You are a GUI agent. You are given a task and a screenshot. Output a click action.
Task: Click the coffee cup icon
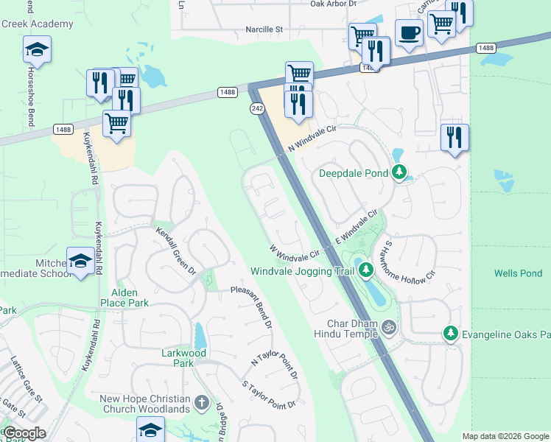pyautogui.click(x=409, y=33)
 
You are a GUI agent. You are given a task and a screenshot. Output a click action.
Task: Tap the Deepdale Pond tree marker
pyautogui.click(x=399, y=173)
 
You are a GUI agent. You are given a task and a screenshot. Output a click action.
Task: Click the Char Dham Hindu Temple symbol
pyautogui.click(x=389, y=325)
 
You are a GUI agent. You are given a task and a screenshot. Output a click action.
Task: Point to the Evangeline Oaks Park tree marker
pyautogui.click(x=450, y=334)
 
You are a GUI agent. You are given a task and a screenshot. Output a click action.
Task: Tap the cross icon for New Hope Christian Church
pyautogui.click(x=203, y=403)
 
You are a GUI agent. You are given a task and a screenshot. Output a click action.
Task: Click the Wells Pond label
pyautogui.click(x=518, y=273)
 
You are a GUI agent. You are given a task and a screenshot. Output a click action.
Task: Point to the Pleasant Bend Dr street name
pyautogui.click(x=251, y=306)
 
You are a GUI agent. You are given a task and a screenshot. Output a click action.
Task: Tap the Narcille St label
pyautogui.click(x=264, y=30)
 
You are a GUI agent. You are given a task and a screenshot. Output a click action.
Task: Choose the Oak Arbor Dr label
pyautogui.click(x=333, y=4)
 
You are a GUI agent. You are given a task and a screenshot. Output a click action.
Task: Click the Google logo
pyautogui.click(x=24, y=433)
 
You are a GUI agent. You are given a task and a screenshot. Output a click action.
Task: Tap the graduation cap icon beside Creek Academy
pyautogui.click(x=36, y=50)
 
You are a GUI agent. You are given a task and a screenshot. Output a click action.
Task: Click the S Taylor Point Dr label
pyautogui.click(x=269, y=394)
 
